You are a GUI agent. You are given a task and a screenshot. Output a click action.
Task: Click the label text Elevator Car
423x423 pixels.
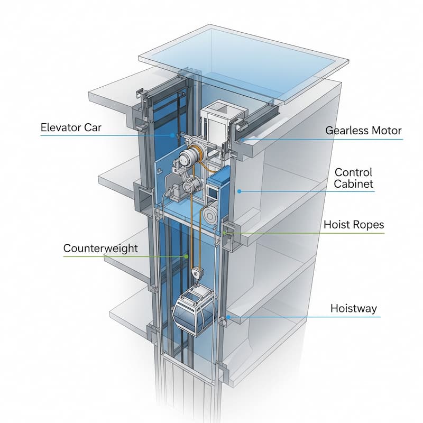tap(71, 127)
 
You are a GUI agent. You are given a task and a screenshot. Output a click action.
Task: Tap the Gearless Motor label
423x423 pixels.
tap(363, 131)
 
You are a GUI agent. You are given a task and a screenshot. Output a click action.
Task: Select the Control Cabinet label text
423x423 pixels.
tap(353, 178)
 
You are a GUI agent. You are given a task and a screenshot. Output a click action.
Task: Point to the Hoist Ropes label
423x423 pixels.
tap(354, 225)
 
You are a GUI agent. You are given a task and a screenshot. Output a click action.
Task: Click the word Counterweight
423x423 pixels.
tap(100, 249)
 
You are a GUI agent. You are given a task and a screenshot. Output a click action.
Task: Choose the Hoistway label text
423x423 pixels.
tap(353, 308)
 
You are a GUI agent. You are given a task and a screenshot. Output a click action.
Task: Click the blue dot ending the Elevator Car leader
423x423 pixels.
tap(172, 135)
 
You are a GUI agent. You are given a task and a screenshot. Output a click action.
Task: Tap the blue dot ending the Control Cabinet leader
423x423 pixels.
tap(239, 191)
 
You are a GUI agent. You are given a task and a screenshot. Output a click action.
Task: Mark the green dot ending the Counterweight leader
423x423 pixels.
tap(186, 256)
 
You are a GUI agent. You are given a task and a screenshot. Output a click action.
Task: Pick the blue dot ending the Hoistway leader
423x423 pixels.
tap(228, 317)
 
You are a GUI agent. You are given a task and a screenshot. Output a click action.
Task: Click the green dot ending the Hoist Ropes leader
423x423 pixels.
tap(225, 233)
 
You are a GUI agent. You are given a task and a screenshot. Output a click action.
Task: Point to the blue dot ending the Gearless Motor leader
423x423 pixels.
tap(243, 140)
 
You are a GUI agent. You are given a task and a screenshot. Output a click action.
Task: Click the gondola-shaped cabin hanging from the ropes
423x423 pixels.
tap(194, 311)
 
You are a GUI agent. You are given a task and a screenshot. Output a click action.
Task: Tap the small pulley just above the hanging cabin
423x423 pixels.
tap(197, 273)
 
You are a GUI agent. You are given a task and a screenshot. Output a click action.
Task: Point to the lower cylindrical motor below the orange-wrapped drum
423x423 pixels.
tap(192, 185)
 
